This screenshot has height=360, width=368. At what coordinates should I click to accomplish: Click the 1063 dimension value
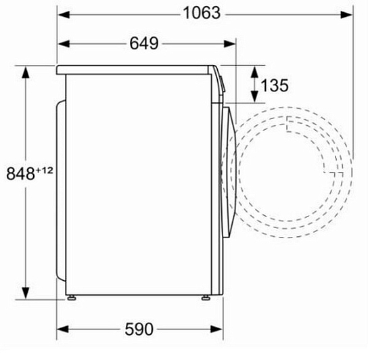tap(202, 13)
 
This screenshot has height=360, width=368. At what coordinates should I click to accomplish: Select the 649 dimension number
tap(144, 43)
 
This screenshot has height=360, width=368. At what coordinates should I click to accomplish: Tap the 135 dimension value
tap(275, 85)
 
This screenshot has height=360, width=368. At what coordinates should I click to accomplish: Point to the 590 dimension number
tap(139, 329)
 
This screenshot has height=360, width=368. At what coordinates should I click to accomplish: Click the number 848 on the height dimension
tap(21, 174)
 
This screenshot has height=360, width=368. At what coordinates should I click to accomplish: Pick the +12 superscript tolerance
tap(45, 170)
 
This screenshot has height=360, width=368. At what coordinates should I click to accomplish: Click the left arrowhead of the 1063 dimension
tap(64, 15)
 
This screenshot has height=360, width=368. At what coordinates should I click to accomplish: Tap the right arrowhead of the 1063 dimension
tap(346, 15)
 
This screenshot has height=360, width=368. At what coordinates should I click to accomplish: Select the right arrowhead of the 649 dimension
tap(230, 44)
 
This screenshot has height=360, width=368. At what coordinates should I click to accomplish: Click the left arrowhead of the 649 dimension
tap(64, 44)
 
